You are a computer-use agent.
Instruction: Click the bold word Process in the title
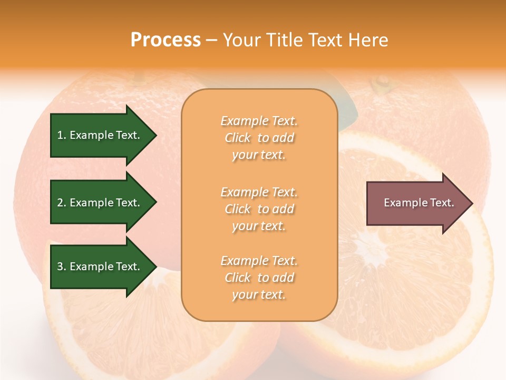[x=166, y=40]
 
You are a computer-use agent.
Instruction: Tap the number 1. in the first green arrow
[x=62, y=135]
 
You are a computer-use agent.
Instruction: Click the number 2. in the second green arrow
[x=62, y=203]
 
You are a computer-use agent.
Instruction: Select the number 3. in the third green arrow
[x=62, y=267]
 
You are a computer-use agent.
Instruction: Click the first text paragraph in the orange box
[x=259, y=138]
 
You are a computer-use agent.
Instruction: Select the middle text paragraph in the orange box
[x=259, y=209]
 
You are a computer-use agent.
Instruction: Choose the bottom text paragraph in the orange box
[x=259, y=278]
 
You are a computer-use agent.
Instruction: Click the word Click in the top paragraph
[x=238, y=138]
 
